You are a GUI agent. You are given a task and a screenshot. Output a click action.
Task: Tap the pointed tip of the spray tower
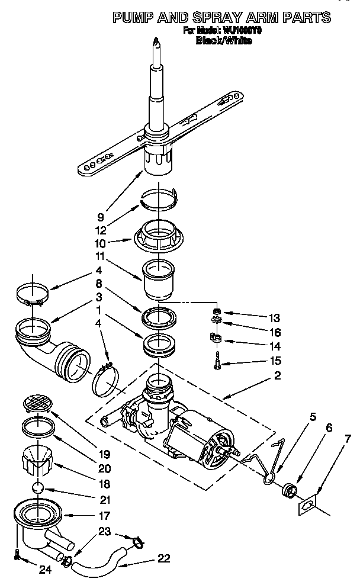coord(155,41)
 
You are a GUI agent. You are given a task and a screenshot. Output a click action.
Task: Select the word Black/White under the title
coord(223,40)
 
